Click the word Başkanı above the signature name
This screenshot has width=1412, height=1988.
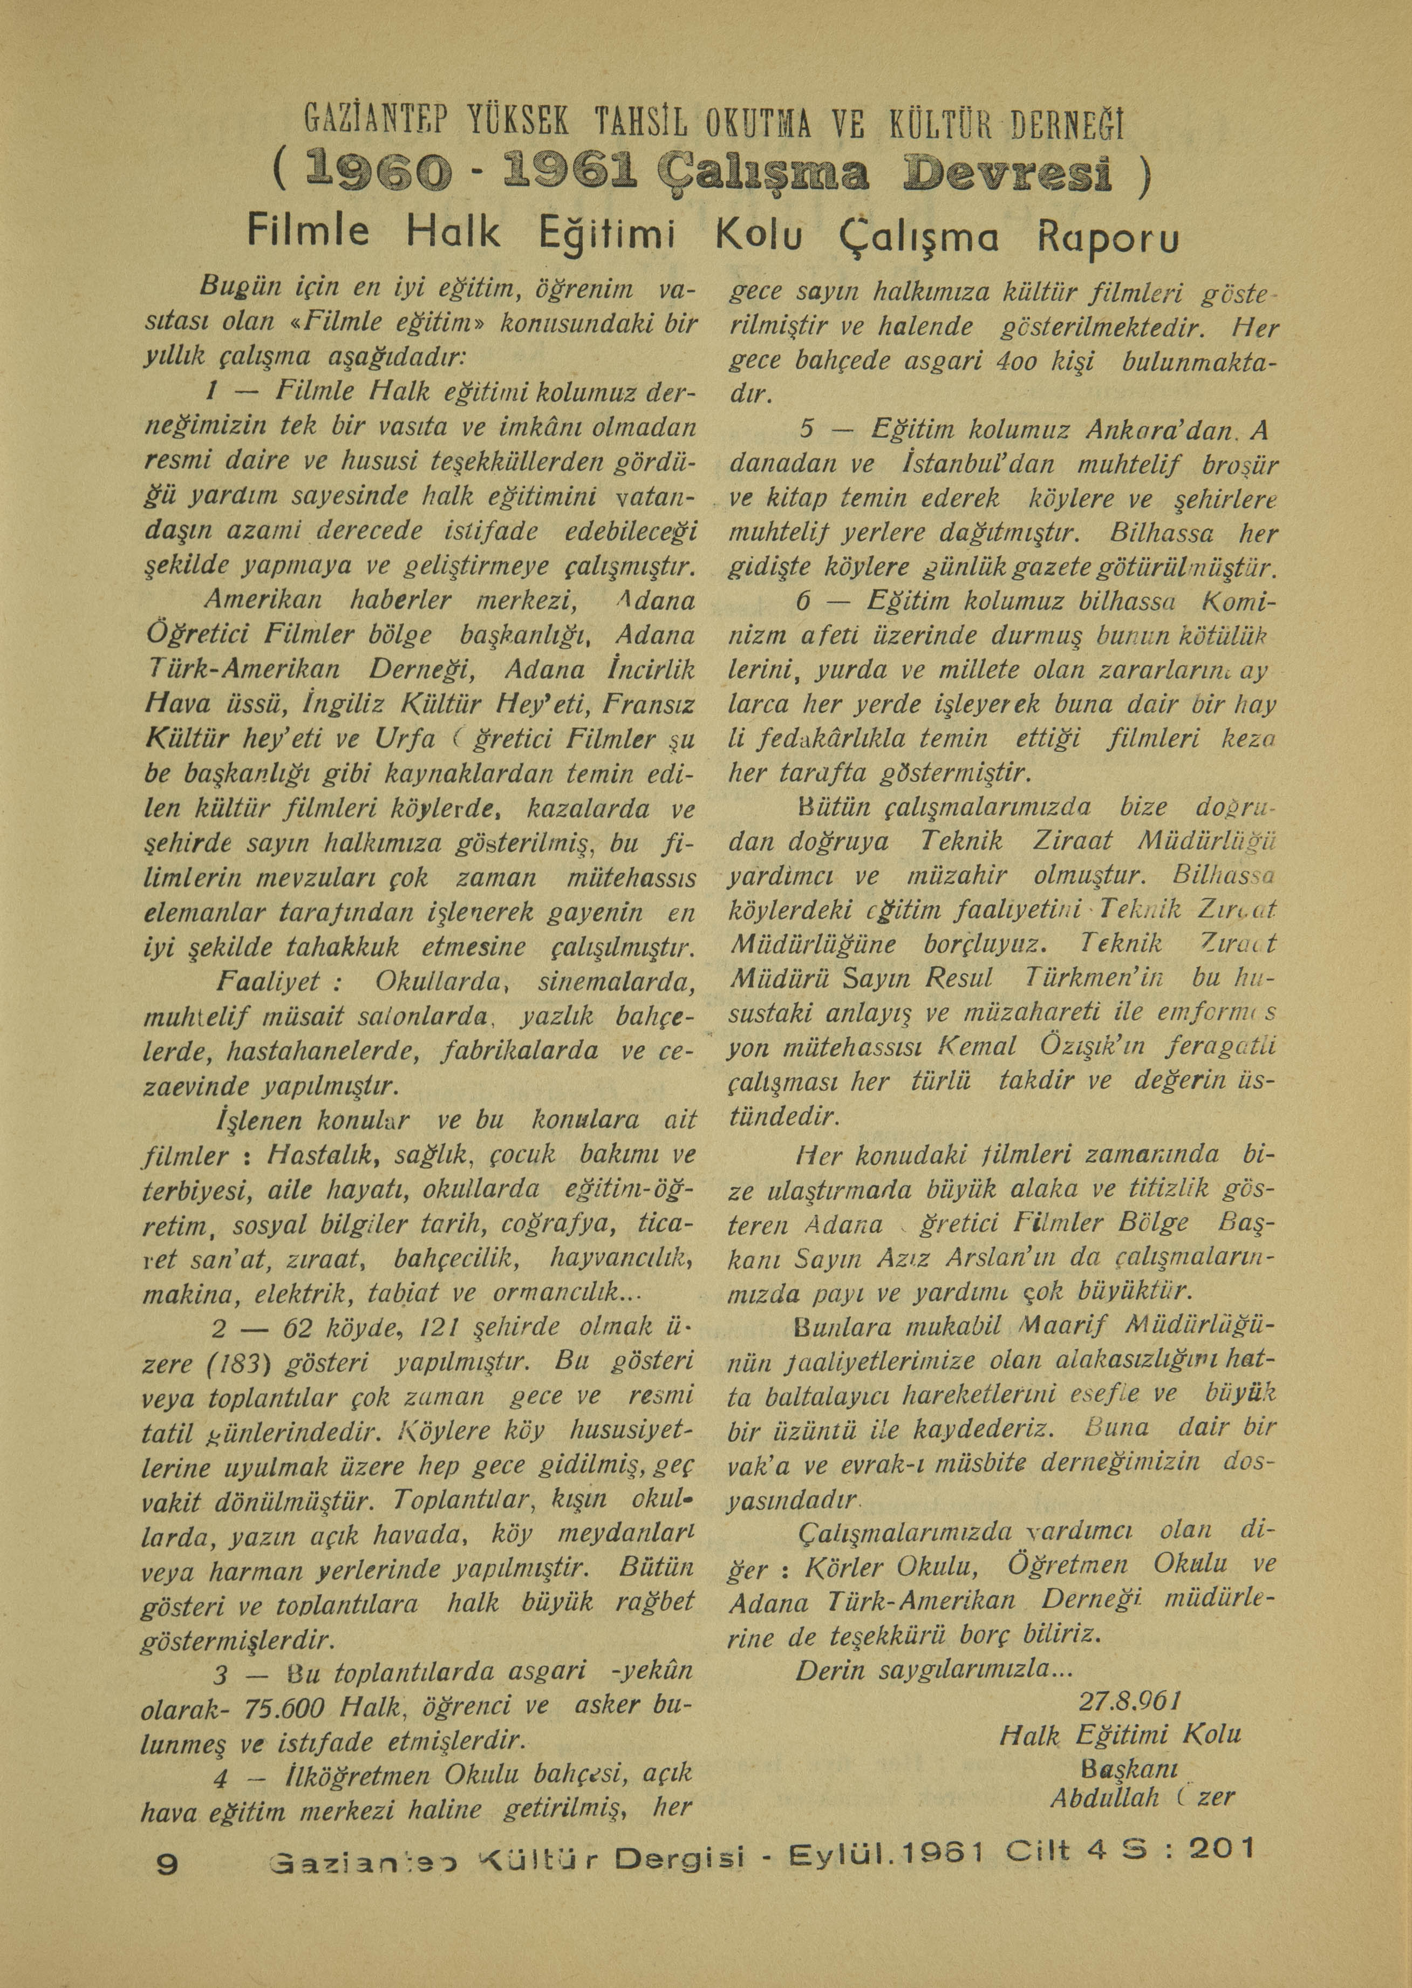click(1129, 1770)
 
